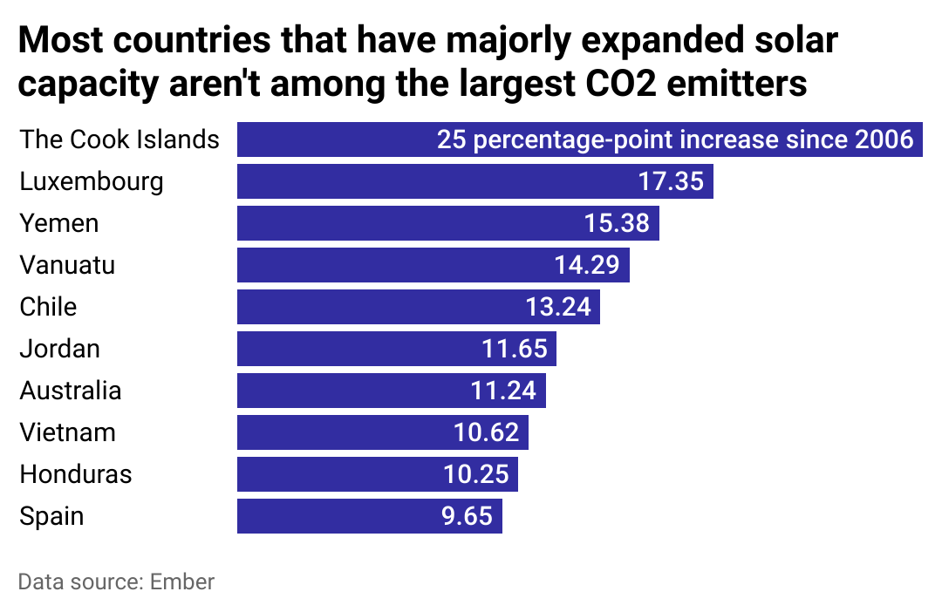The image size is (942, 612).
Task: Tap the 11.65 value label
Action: point(515,349)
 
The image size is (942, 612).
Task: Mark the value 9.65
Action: point(467,516)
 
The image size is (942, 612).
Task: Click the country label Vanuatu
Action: point(67,265)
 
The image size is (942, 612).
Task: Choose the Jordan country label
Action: point(59,349)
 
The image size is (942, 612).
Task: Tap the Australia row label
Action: point(71,391)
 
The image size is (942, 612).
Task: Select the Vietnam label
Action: point(67,432)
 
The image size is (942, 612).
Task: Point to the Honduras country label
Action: point(76,474)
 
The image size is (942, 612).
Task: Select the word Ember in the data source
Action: point(181,581)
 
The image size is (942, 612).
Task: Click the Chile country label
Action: point(48,307)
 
